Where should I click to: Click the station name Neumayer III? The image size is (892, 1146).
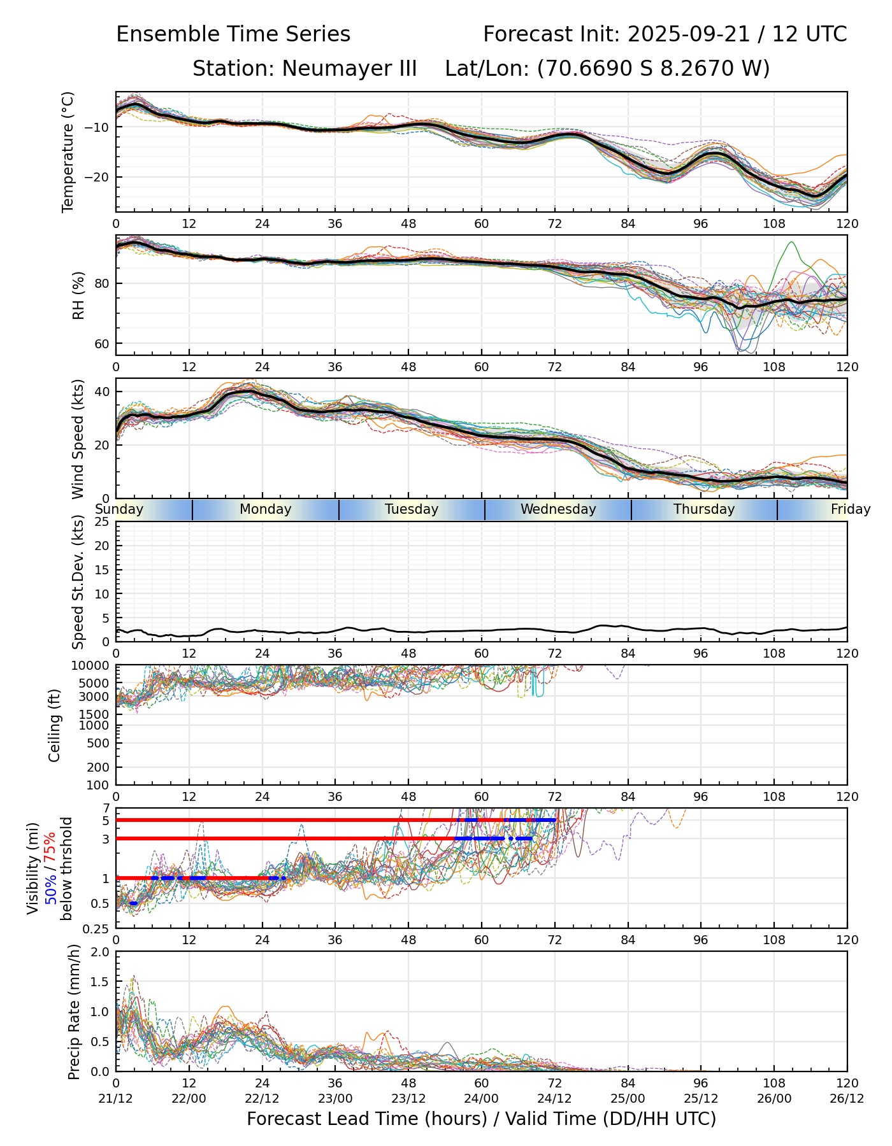coord(349,68)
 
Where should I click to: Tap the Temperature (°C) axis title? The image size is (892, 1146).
coord(68,152)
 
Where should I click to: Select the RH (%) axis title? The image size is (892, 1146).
coord(78,295)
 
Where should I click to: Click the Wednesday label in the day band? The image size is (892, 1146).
coord(558,509)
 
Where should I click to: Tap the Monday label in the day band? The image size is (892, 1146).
coord(266,509)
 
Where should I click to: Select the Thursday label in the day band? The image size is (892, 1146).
coord(704,509)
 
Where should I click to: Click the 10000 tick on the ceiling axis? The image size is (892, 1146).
coord(92,666)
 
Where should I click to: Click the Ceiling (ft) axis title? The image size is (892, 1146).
coord(55,725)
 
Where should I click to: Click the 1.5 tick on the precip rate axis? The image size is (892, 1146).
coord(101,982)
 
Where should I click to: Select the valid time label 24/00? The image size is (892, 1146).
coord(482,1098)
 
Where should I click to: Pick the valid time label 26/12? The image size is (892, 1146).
coord(847,1098)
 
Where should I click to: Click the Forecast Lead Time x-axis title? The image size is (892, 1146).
coord(481,1119)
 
